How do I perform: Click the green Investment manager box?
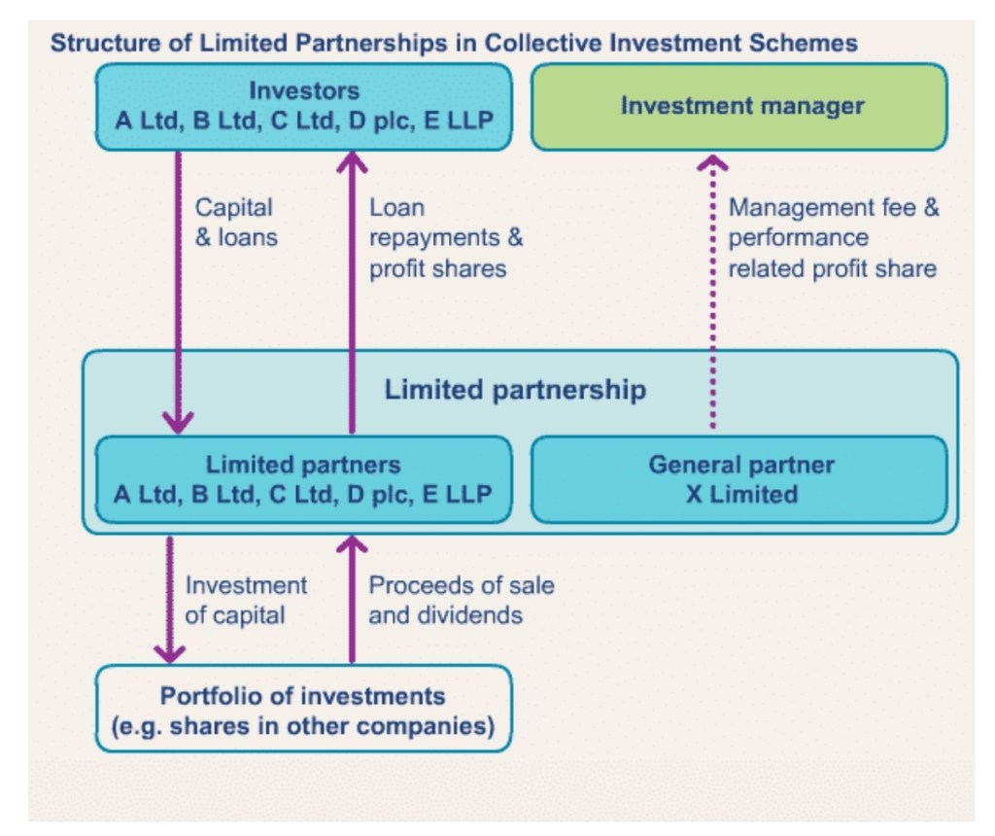coord(738,107)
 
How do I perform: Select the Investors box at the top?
coord(303,107)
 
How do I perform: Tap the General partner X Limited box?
coord(738,479)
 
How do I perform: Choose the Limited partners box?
coord(303,479)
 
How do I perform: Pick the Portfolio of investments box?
coord(303,710)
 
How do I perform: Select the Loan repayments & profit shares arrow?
coord(351,292)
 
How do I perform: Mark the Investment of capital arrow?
coord(169,598)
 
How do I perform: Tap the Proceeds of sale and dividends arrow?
coord(351,598)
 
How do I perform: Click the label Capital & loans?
coord(235,223)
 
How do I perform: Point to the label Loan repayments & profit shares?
coord(445,238)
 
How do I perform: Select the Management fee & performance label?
coord(833,238)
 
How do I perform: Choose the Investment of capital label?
coord(245,600)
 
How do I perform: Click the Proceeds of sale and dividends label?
coord(461,600)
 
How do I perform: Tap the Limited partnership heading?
coord(515,390)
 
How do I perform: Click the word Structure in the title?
coord(97,43)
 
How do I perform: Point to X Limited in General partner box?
coord(741,494)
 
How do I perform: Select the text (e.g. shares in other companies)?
coord(303,725)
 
